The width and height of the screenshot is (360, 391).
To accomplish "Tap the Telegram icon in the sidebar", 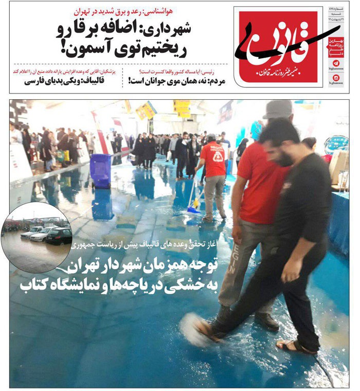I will (x=336, y=63).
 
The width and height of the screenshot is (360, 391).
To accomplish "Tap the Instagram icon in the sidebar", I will (x=336, y=78).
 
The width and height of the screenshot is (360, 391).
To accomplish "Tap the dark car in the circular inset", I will (x=59, y=236).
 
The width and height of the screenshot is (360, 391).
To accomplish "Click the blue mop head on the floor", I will (x=194, y=209).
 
